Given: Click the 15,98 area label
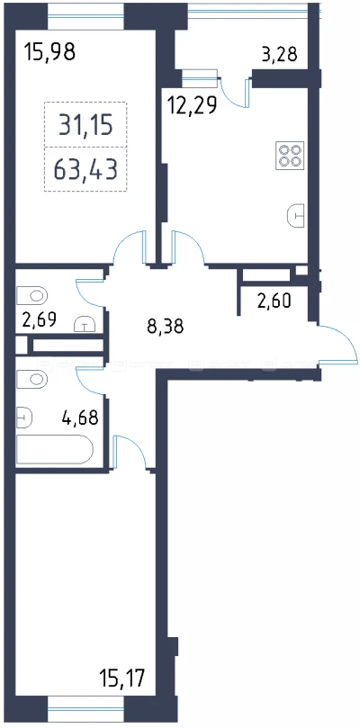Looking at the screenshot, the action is click(50, 51).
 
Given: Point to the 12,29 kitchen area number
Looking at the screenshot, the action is click(192, 106).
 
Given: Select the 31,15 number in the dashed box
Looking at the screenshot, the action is click(85, 125).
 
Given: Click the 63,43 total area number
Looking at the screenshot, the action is click(85, 169).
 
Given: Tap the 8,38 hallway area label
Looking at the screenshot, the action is click(166, 327).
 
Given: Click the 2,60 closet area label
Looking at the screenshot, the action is click(274, 301).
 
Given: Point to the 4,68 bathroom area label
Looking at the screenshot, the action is click(80, 418).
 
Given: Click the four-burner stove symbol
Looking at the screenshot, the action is click(290, 155).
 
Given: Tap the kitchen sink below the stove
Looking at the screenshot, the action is click(296, 216).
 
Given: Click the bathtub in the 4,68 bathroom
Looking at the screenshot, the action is click(55, 449).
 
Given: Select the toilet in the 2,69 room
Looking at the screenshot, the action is click(32, 295).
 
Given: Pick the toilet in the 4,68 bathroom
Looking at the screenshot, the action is click(32, 379).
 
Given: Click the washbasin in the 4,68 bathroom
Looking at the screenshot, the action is click(24, 417).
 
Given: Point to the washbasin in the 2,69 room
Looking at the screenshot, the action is click(85, 324).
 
